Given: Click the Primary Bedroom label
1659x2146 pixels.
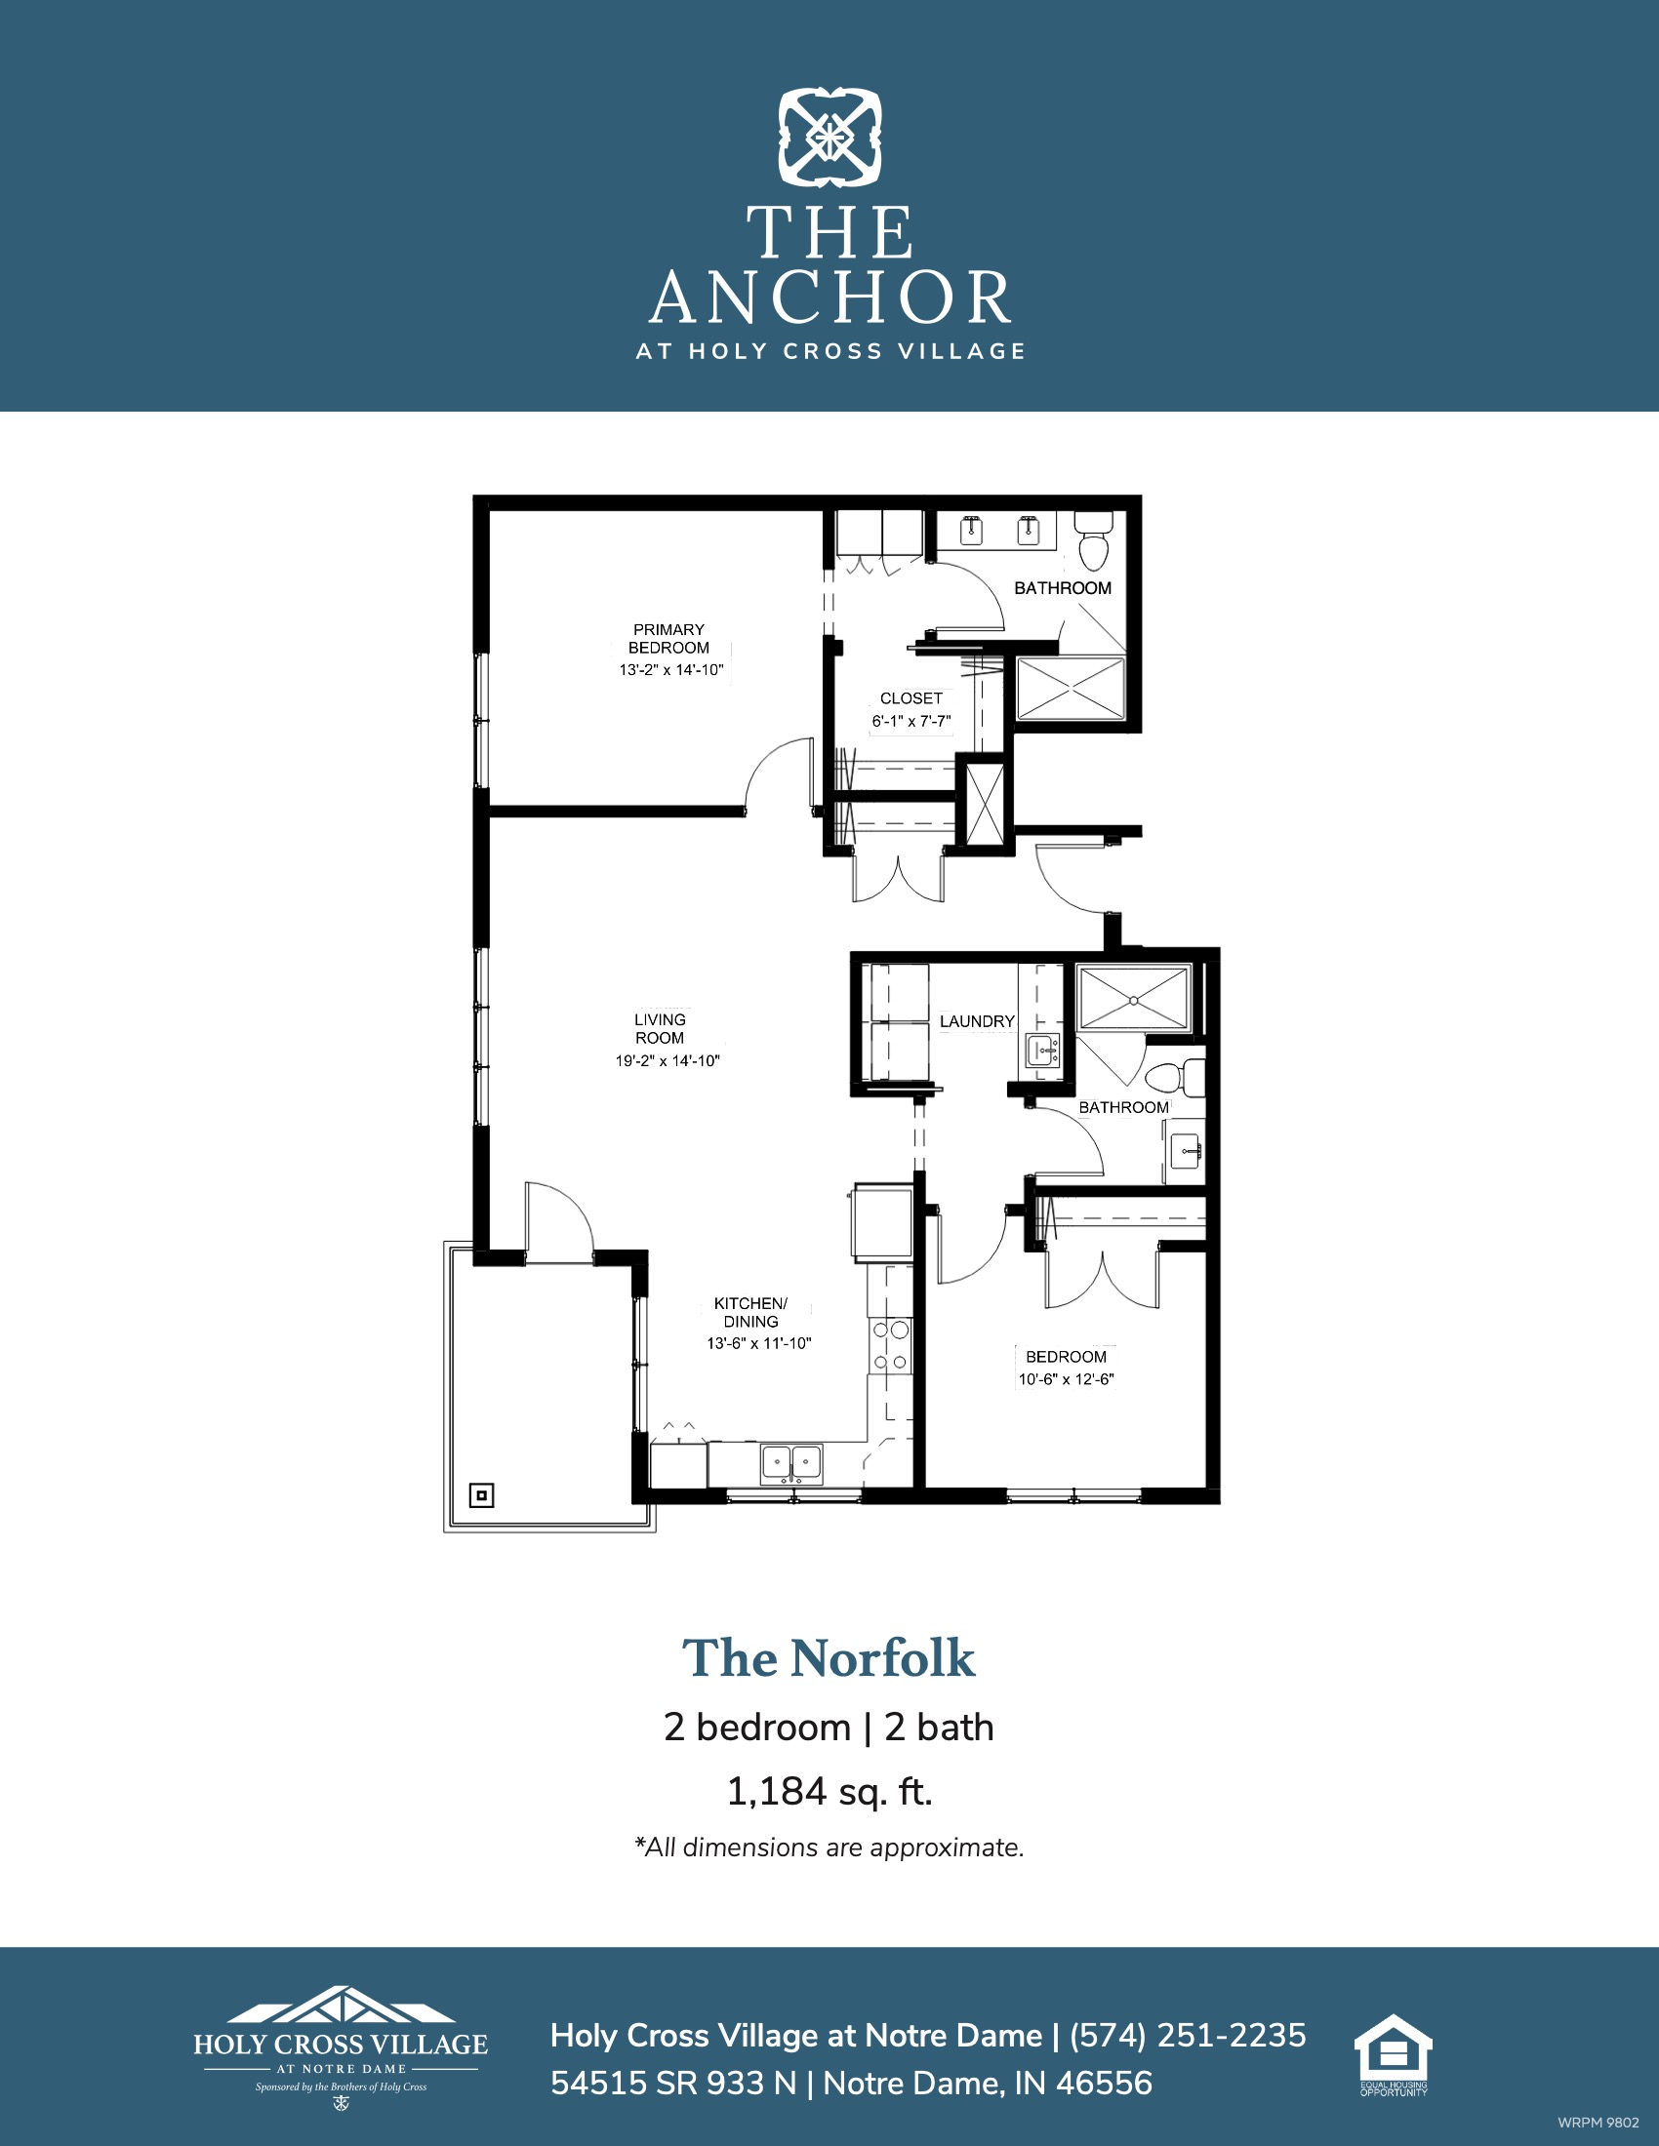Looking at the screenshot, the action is (x=669, y=639).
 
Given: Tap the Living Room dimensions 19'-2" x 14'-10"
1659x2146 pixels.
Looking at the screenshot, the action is (x=668, y=1060).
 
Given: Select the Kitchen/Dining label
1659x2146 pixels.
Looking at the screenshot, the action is (x=750, y=1313).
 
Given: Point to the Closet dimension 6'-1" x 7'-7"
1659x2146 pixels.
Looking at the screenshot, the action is (x=911, y=721).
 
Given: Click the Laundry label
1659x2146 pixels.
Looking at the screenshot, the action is (x=977, y=1022).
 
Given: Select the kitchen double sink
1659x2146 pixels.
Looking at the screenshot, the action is (x=791, y=1464).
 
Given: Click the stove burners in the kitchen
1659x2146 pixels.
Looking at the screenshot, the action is (x=891, y=1345).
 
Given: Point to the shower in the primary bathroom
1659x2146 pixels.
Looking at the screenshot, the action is (x=1070, y=688).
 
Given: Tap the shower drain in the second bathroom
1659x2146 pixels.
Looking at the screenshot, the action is (x=1133, y=1000).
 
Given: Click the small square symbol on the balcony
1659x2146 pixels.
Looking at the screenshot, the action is (x=481, y=1495).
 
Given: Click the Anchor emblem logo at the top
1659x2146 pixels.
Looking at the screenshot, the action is (x=830, y=138).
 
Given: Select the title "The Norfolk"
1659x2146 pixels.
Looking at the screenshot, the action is (x=829, y=1658).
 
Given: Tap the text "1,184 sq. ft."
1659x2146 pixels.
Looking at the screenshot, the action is (x=829, y=1791).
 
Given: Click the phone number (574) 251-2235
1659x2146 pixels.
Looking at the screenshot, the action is (x=1189, y=2035).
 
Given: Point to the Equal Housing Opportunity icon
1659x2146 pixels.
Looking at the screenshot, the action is (x=1394, y=2054).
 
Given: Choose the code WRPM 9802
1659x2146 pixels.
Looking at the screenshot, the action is (x=1598, y=2123).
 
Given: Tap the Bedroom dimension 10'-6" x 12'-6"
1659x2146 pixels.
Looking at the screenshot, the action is (x=1067, y=1378).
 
